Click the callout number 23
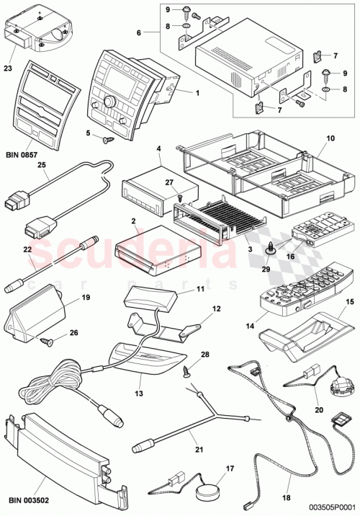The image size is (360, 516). click(x=9, y=70)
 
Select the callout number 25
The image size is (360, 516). click(x=41, y=165)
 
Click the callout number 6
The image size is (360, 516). click(x=140, y=32)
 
